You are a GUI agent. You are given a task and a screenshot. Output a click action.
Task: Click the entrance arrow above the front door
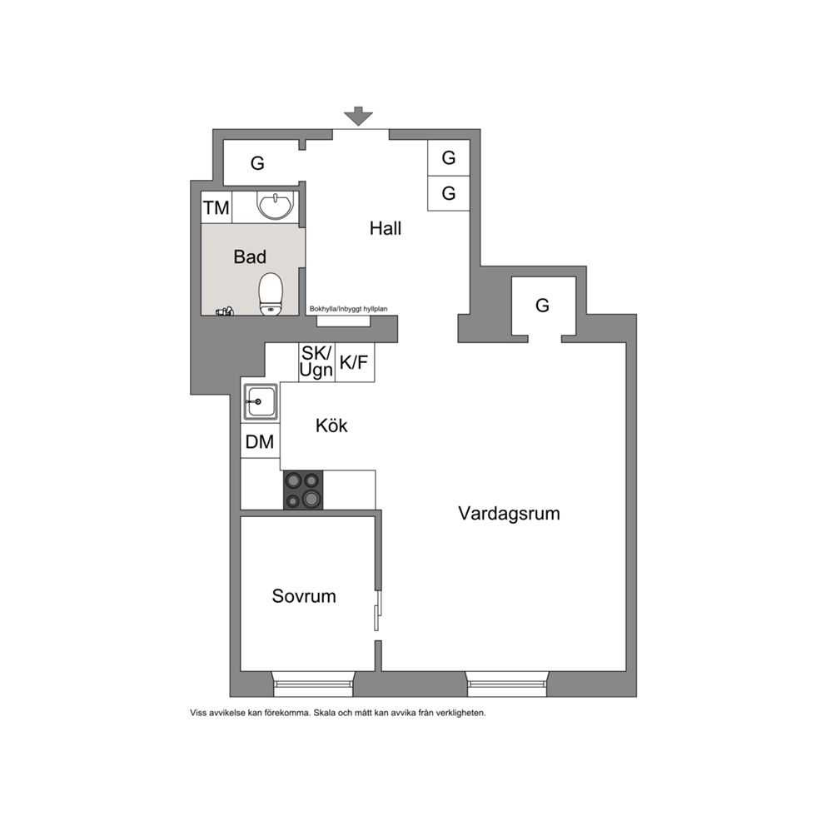[358, 116]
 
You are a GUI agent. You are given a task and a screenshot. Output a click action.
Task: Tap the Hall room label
[385, 229]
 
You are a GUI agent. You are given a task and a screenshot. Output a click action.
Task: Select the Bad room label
[250, 257]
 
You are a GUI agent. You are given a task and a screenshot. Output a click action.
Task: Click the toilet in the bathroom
[271, 294]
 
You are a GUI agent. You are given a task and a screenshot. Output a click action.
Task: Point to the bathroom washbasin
[275, 205]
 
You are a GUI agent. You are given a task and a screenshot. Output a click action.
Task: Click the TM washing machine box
[216, 207]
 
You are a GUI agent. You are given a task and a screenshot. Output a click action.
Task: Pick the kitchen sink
[261, 402]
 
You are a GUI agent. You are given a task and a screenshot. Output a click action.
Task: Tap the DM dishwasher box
[261, 441]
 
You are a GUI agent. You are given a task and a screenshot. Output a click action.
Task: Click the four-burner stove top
[303, 490]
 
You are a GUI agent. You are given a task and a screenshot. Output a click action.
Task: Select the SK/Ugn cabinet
[316, 362]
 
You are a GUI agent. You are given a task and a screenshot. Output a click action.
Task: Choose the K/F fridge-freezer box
[355, 362]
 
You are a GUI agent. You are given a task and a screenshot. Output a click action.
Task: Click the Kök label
[331, 425]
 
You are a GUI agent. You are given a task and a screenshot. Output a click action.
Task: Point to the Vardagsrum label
[509, 514]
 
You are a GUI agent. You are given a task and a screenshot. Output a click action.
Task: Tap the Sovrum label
[304, 596]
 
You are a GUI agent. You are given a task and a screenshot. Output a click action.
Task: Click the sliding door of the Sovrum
[377, 610]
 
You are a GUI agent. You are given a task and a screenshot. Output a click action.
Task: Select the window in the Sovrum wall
[313, 684]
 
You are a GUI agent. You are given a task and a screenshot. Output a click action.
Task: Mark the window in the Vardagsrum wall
[507, 684]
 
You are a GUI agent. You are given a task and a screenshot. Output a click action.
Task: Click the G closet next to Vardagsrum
[543, 306]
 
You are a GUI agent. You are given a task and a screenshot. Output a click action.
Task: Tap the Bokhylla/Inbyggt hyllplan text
[348, 309]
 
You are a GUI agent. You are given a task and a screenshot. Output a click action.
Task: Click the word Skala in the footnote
[326, 714]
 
